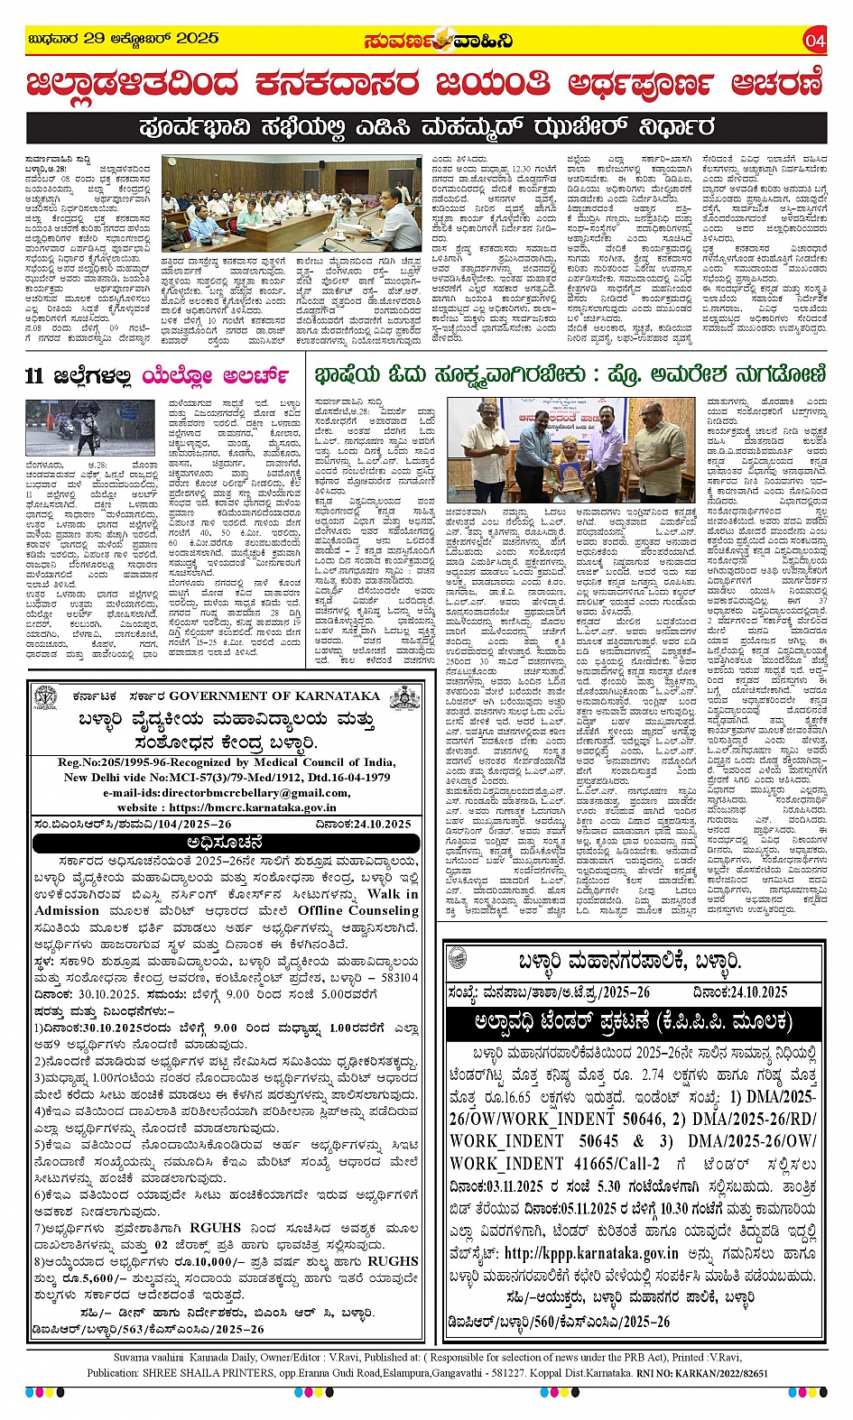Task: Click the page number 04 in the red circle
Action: click(814, 40)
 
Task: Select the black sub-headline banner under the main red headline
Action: click(426, 125)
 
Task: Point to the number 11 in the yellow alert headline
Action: click(35, 376)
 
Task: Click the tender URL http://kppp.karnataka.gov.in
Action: click(590, 1253)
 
